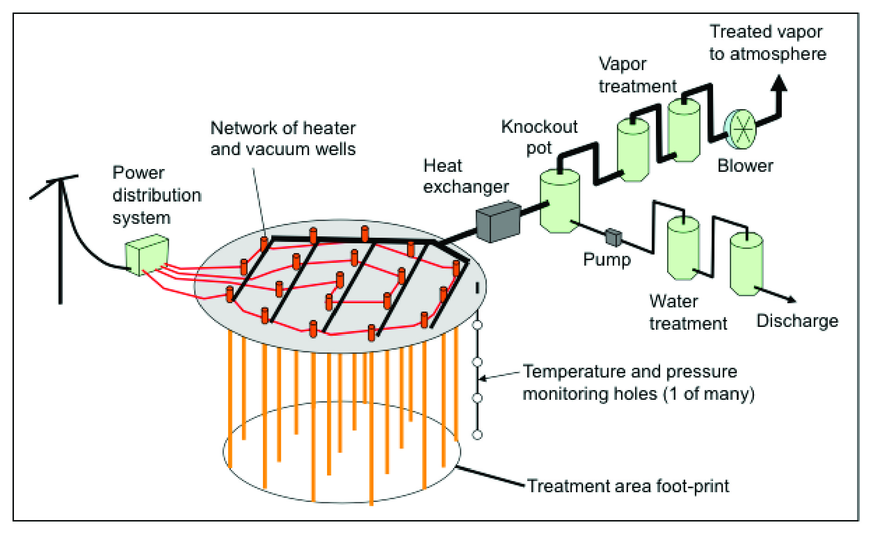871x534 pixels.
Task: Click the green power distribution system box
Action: (147, 254)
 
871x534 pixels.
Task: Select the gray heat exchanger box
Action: (498, 222)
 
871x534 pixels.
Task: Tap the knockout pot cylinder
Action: (559, 202)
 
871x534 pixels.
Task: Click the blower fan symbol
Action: (742, 129)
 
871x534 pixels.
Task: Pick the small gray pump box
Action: (613, 237)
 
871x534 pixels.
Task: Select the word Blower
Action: (745, 166)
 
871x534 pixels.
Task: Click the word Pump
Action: (607, 260)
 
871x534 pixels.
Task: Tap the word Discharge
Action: (797, 321)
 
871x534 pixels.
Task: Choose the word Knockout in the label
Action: (539, 127)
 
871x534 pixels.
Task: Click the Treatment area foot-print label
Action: (628, 486)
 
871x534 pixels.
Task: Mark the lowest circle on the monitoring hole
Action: (477, 435)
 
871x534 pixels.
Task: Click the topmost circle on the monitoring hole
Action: (477, 325)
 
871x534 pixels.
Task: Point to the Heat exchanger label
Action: (465, 176)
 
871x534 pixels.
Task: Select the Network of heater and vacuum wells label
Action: (283, 138)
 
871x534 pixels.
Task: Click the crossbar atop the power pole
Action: (54, 186)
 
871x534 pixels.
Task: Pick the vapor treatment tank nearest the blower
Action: (684, 131)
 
